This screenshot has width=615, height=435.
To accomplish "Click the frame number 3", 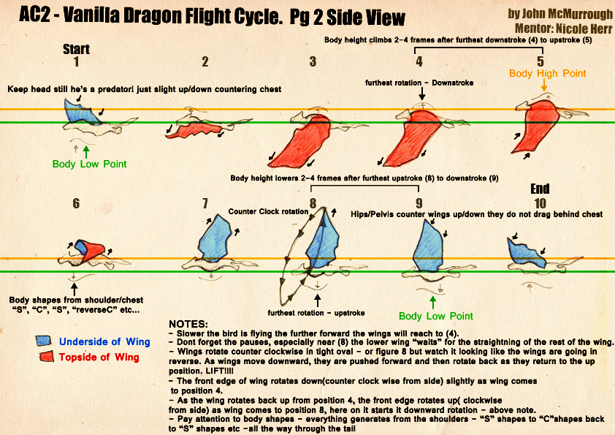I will pyautogui.click(x=313, y=61).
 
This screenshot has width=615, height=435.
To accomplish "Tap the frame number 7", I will pyautogui.click(x=206, y=203).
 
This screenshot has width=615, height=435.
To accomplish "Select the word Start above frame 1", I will pyautogui.click(x=77, y=50).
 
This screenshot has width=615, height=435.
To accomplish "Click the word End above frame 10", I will pyautogui.click(x=540, y=189).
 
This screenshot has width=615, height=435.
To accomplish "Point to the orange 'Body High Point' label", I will pyautogui.click(x=548, y=73).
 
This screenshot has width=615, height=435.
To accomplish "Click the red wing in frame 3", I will pyautogui.click(x=299, y=143).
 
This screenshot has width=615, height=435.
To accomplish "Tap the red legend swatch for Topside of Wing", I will pyautogui.click(x=45, y=356).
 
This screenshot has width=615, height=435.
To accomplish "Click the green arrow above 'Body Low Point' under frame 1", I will pyautogui.click(x=86, y=151).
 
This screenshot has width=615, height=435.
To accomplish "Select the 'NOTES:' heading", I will pyautogui.click(x=188, y=323).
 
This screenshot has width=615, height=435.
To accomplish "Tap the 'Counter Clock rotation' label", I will pyautogui.click(x=268, y=211).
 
